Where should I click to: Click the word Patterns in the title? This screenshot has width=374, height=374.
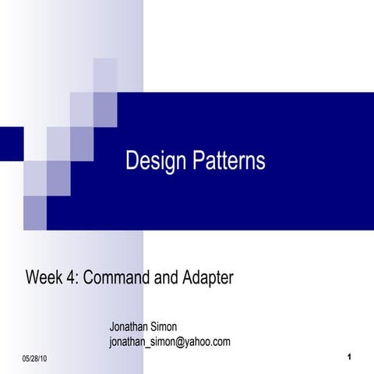[227, 161]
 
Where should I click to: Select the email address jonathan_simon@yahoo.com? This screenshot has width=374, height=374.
[170, 342]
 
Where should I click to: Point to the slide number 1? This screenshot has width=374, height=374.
[351, 357]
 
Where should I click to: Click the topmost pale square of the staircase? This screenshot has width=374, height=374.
[105, 74]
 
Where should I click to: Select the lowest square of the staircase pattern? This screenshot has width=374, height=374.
[34, 212]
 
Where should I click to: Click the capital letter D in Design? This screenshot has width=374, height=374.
[132, 161]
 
